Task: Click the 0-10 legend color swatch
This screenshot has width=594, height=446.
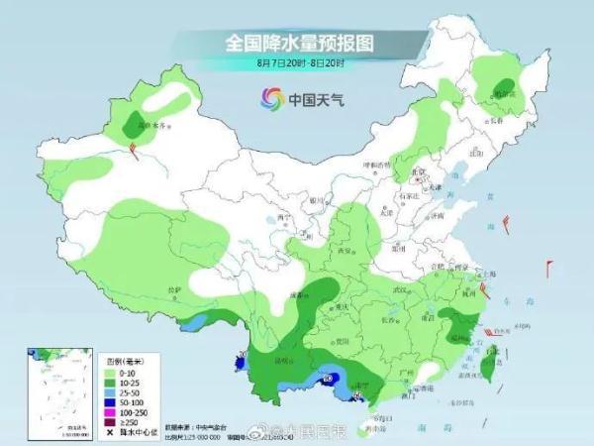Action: click(x=109, y=373)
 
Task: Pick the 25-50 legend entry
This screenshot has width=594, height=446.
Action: click(x=123, y=392)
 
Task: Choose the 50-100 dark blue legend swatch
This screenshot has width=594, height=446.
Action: click(x=109, y=401)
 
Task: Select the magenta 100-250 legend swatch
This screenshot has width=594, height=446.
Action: click(x=109, y=411)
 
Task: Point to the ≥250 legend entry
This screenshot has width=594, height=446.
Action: click(x=123, y=421)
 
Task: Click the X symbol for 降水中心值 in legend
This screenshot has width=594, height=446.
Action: click(x=109, y=431)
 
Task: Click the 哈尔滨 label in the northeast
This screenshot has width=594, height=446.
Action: click(x=506, y=94)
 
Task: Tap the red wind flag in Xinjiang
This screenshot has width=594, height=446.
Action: click(x=132, y=148)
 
